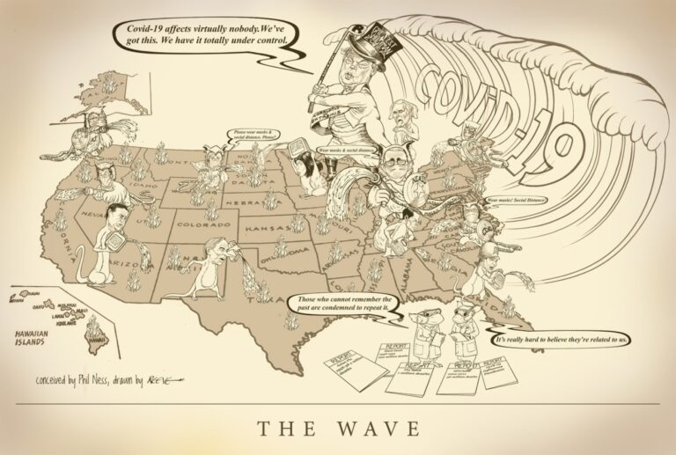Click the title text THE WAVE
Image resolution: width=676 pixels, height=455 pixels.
click(338, 429)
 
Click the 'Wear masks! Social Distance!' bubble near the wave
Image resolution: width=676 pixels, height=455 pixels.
click(516, 201)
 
